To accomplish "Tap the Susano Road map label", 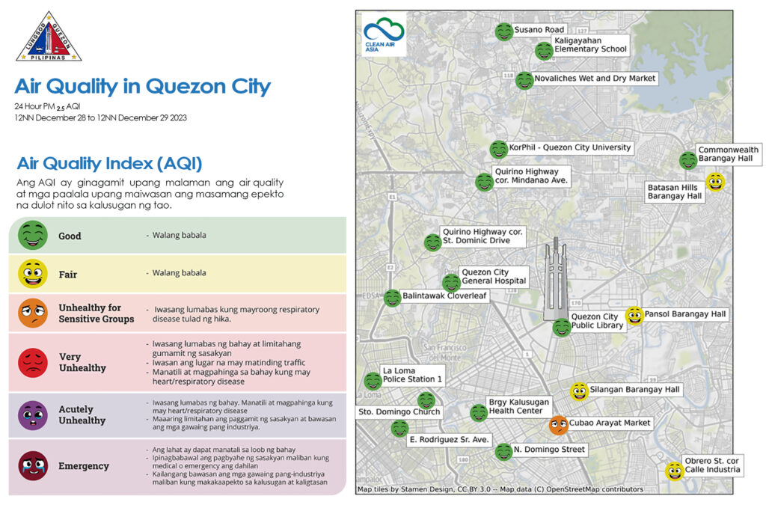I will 539,30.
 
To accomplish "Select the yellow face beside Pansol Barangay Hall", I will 634,316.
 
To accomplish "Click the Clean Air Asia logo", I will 384,34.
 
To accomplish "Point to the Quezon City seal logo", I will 49,37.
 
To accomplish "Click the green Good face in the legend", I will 32,235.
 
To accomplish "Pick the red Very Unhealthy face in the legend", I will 32,362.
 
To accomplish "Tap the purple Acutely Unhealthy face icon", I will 32,415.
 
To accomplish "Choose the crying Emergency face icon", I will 32,465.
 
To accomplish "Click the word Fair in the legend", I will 68,275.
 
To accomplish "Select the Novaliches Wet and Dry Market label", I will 595,79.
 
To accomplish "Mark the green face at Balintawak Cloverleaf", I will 392,298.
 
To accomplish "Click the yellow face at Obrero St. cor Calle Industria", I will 675,471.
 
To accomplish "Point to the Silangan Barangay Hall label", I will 634,390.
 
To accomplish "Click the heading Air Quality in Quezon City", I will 142,86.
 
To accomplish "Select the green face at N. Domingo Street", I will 503,451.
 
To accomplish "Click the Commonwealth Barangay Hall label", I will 728,154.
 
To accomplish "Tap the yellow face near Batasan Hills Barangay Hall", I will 715,182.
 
